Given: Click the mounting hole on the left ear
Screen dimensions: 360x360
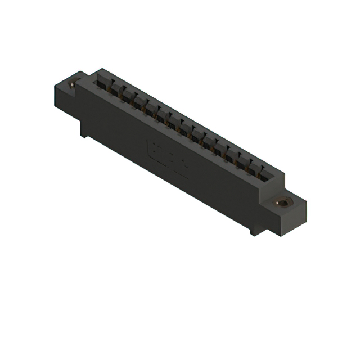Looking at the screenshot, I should tap(73, 85).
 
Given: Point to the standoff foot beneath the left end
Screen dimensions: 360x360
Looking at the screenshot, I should tap(83, 132).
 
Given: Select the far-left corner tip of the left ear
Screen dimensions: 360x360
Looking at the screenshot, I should tap(54, 86).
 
